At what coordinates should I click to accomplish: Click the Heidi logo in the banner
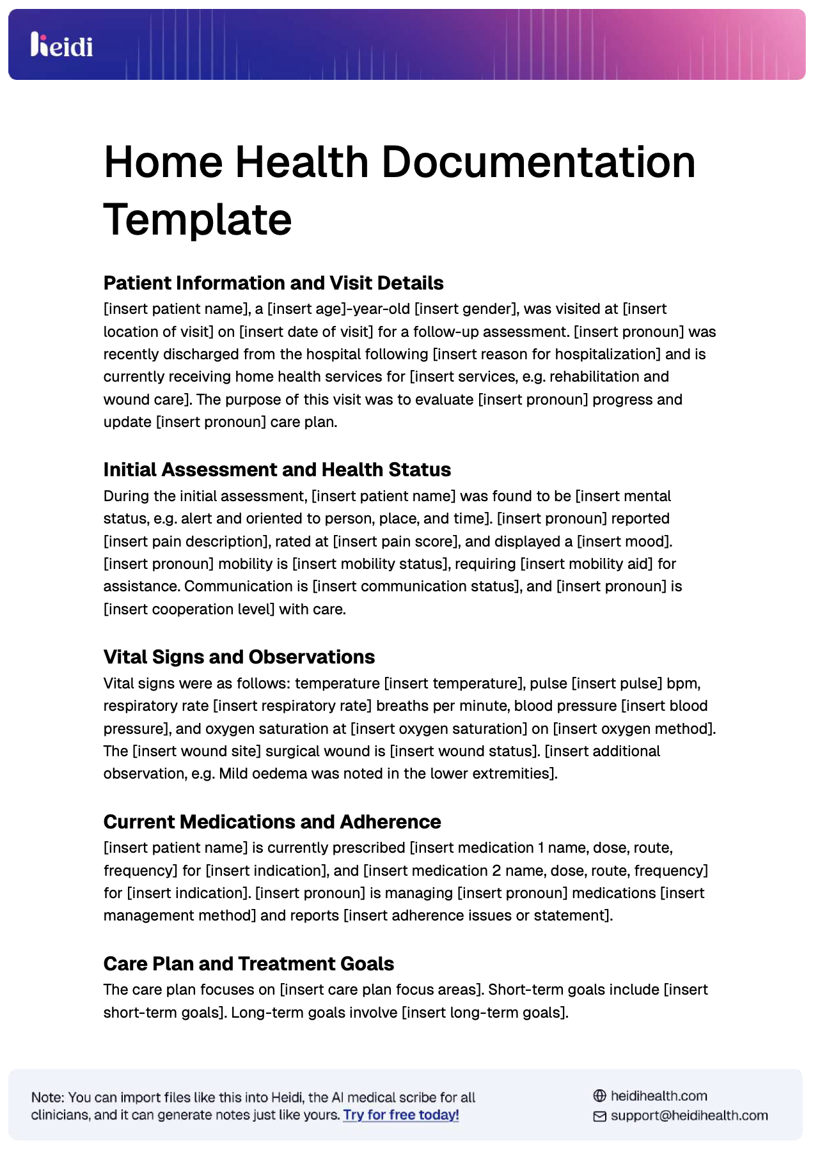pyautogui.click(x=62, y=45)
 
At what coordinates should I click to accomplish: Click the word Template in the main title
pyautogui.click(x=198, y=219)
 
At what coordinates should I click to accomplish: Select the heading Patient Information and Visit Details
pyautogui.click(x=273, y=283)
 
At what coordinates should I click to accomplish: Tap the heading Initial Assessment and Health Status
pyautogui.click(x=277, y=469)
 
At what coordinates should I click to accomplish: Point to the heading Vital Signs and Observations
pyautogui.click(x=239, y=657)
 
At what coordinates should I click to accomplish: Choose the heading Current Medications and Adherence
pyautogui.click(x=272, y=821)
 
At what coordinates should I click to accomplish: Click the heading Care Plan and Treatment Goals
pyautogui.click(x=248, y=963)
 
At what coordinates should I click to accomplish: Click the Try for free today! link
pyautogui.click(x=401, y=1115)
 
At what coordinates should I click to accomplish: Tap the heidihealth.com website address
pyautogui.click(x=659, y=1096)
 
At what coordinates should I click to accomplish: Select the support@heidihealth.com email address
pyautogui.click(x=689, y=1115)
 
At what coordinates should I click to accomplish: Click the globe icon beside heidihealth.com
pyautogui.click(x=599, y=1096)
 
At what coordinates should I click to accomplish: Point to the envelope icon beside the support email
pyautogui.click(x=599, y=1116)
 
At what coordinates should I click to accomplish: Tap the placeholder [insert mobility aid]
pyautogui.click(x=587, y=564)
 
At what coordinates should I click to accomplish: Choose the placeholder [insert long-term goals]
pyautogui.click(x=484, y=1013)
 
